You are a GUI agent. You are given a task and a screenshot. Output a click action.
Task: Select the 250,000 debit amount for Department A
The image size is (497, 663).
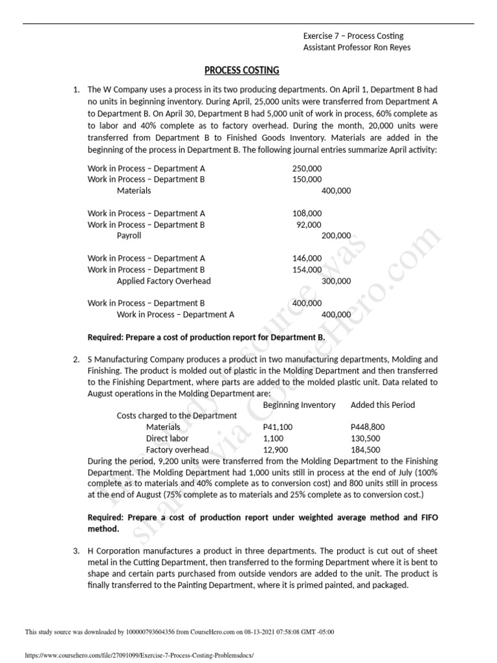[307, 168]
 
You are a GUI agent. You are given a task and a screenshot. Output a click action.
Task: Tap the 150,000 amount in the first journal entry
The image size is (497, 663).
[307, 179]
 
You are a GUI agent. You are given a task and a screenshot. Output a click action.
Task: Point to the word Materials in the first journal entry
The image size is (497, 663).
[134, 191]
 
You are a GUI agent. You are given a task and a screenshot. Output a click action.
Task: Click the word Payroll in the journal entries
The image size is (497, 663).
[129, 236]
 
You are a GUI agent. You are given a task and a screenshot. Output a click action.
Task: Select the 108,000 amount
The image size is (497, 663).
[307, 213]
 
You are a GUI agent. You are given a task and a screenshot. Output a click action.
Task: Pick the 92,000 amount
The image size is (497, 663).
[308, 225]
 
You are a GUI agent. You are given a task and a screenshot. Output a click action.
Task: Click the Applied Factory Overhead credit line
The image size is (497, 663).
[164, 281]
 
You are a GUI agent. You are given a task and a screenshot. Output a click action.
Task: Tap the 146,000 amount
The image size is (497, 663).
[307, 258]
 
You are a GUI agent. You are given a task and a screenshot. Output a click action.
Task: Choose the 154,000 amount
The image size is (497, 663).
[307, 269]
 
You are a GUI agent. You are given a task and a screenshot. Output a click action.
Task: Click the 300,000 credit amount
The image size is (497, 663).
[336, 281]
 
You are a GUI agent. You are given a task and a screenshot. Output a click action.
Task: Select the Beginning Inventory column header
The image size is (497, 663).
[299, 405]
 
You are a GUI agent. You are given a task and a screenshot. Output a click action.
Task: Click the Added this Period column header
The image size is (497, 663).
[382, 405]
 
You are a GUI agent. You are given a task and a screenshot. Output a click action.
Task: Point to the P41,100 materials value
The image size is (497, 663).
[278, 427]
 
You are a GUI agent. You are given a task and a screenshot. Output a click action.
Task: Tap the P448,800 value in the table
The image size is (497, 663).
[368, 427]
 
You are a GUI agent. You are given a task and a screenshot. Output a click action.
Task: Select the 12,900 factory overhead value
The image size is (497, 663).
[276, 450]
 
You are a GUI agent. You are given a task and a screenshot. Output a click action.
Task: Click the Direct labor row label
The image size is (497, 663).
[168, 438]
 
